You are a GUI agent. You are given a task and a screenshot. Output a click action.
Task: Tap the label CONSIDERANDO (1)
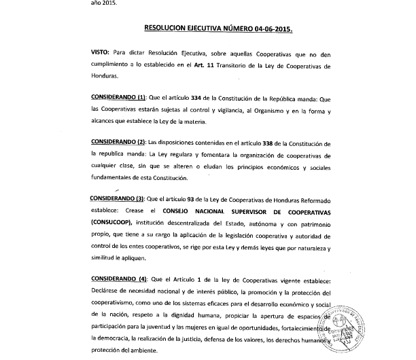118,97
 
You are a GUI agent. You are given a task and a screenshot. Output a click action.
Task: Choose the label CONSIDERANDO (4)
119,279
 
